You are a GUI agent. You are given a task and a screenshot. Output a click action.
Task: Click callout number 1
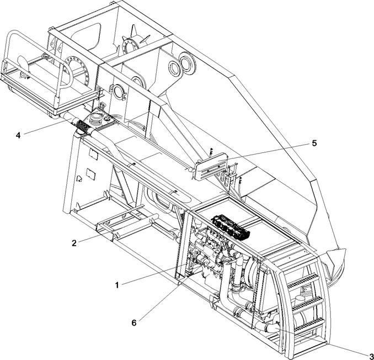pyautogui.click(x=117, y=285)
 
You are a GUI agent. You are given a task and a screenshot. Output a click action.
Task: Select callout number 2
pyautogui.click(x=74, y=243)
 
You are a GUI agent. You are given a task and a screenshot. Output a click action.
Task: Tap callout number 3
pyautogui.click(x=371, y=356)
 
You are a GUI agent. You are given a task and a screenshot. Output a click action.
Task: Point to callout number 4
pyautogui.click(x=18, y=135)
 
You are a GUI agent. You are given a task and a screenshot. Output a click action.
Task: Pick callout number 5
pyautogui.click(x=314, y=143)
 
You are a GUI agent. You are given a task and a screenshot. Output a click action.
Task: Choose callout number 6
pyautogui.click(x=134, y=323)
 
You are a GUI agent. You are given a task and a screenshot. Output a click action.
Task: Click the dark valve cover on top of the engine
pyautogui.click(x=231, y=226)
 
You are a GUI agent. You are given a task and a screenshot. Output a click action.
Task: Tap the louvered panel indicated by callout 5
pyautogui.click(x=211, y=166)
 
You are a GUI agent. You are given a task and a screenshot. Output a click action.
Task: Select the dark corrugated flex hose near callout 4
pyautogui.click(x=83, y=125)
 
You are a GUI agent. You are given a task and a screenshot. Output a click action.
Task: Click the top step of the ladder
pyautogui.click(x=303, y=280)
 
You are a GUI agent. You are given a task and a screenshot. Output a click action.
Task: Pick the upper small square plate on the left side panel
pyautogui.click(x=93, y=155)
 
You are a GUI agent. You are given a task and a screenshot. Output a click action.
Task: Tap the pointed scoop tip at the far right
pyautogui.click(x=345, y=250)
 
